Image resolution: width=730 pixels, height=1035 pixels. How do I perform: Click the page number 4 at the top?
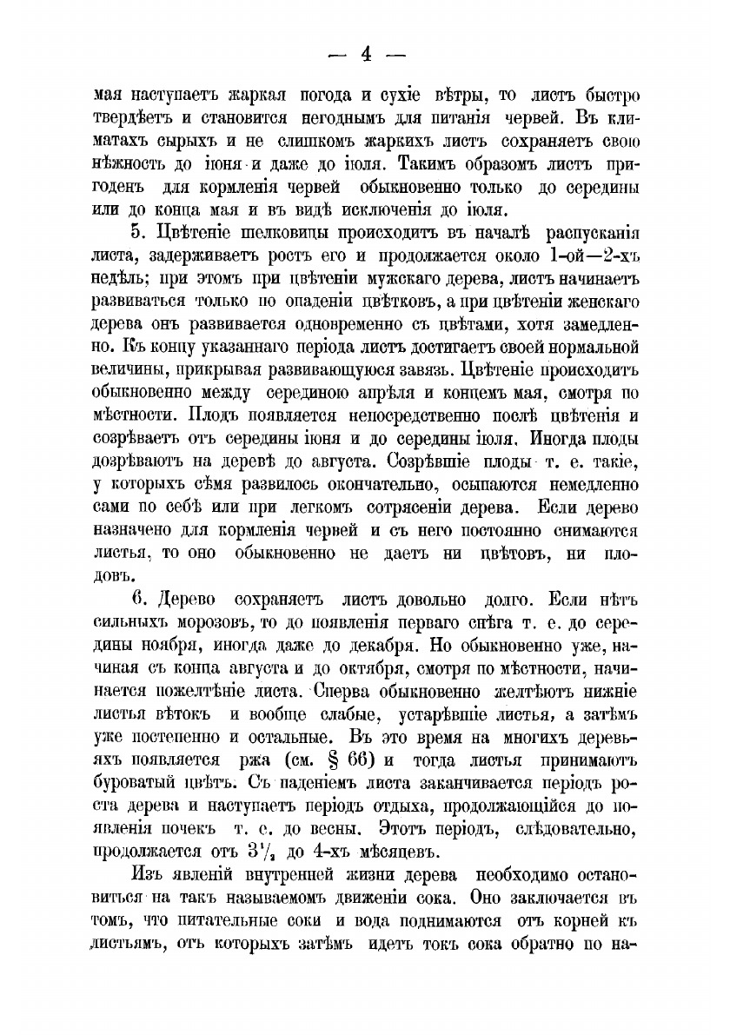pyautogui.click(x=366, y=54)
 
